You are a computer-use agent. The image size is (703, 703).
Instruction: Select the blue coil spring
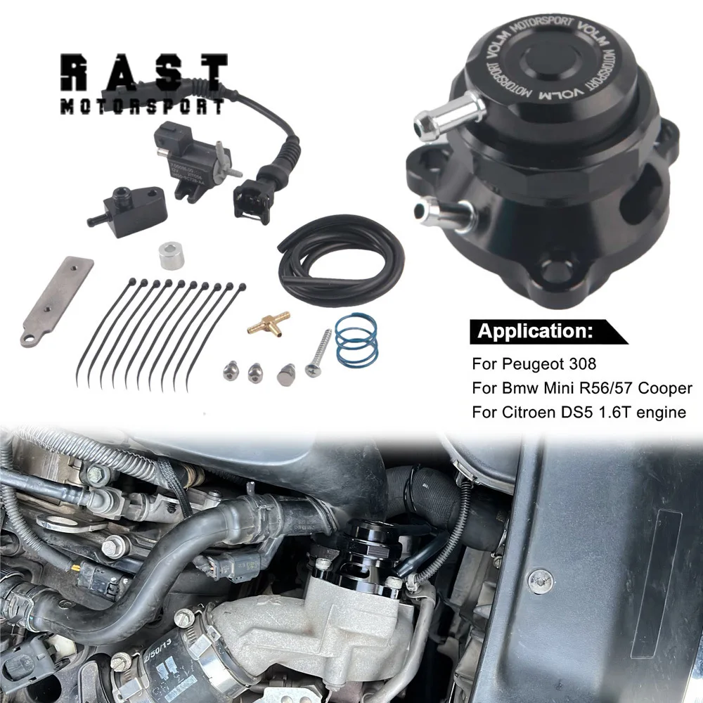click(356, 340)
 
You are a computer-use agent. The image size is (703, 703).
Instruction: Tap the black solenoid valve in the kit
click(185, 157)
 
